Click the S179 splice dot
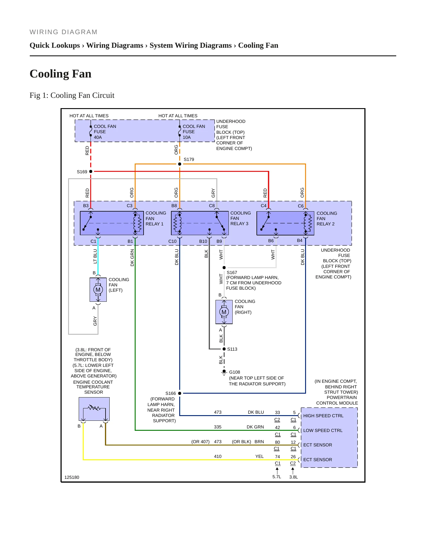click(180, 164)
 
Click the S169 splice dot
click(91, 171)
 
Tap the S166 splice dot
click(180, 393)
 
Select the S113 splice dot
click(224, 349)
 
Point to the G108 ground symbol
click(224, 372)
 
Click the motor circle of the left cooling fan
click(98, 290)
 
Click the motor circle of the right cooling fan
click(224, 312)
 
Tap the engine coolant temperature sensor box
click(94, 409)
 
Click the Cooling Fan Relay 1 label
click(156, 218)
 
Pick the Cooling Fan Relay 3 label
click(241, 218)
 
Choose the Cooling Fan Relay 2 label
click(327, 219)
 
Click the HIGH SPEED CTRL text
click(323, 416)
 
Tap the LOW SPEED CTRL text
click(323, 430)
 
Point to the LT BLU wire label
click(95, 256)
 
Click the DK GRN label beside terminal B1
click(132, 258)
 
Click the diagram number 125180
click(72, 477)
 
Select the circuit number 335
click(218, 427)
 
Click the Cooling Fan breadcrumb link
click(258, 45)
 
